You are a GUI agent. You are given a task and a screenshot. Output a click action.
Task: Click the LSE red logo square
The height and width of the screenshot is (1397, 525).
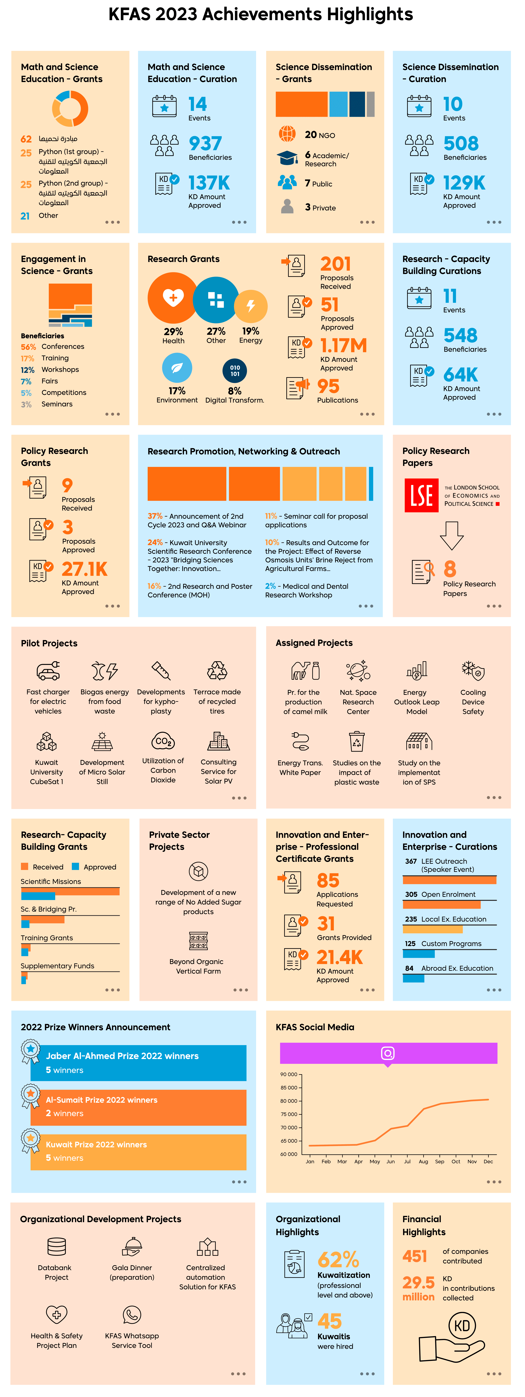coord(421,495)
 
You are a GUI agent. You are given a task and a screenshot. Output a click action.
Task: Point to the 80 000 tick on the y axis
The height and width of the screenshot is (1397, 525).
coord(289,1101)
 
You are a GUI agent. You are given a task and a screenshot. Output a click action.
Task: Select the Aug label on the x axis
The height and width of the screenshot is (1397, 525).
coord(424,1162)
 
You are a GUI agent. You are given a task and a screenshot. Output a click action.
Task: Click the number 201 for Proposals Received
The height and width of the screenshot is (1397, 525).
coord(336,264)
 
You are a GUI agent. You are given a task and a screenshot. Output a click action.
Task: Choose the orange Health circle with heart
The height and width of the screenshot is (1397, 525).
coord(173,298)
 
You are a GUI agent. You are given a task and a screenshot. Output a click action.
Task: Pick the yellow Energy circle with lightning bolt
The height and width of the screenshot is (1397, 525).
coord(251,306)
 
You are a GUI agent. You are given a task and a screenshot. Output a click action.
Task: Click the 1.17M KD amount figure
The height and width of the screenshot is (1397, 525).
coord(343,345)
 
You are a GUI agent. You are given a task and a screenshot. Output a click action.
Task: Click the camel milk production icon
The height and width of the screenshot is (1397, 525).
coord(305,671)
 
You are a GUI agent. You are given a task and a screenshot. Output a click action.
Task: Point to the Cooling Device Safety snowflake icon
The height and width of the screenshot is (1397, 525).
coord(473,671)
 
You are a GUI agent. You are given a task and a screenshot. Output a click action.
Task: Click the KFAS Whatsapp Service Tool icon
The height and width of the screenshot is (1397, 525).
coord(132,1315)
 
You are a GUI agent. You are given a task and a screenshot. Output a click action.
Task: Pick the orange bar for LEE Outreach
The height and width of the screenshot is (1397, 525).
coord(450,880)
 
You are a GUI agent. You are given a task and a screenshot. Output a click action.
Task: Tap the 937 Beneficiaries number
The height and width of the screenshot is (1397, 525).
coord(205,144)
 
